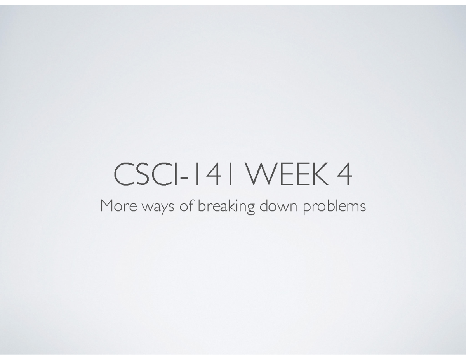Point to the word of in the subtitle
tap(188, 206)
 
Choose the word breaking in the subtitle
tap(226, 206)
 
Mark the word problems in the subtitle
tap(334, 206)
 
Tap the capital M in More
tap(106, 206)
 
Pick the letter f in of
tap(192, 205)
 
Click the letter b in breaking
tap(201, 206)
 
